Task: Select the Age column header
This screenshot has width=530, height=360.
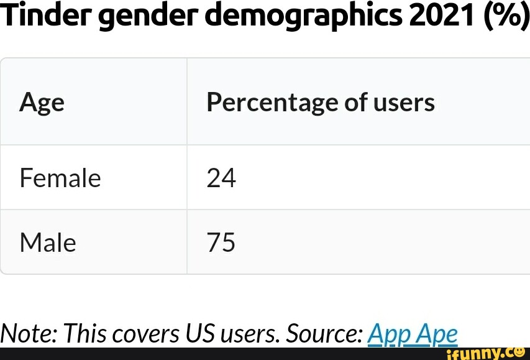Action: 42,103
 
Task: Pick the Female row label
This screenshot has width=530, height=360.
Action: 60,178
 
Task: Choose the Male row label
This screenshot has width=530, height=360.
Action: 48,242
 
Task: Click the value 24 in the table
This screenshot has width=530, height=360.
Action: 221,178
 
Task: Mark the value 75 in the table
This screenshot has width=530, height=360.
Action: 221,242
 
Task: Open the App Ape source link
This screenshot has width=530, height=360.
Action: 413,335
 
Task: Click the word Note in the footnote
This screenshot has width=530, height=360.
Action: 29,334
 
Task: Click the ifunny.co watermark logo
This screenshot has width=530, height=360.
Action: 485,353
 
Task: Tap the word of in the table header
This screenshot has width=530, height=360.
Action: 356,103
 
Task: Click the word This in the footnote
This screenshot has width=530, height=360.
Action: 86,334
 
